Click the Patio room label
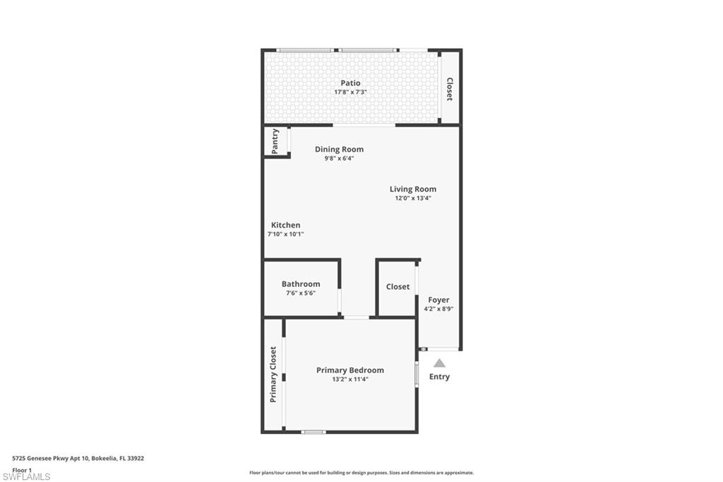pyautogui.click(x=350, y=83)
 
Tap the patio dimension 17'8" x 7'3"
pyautogui.click(x=350, y=92)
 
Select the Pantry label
pyautogui.click(x=275, y=140)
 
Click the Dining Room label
pyautogui.click(x=339, y=149)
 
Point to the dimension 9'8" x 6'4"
pyautogui.click(x=339, y=158)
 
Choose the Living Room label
pyautogui.click(x=413, y=189)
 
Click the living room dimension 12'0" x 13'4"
pyautogui.click(x=413, y=198)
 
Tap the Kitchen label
pyautogui.click(x=285, y=225)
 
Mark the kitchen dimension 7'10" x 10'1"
pyautogui.click(x=285, y=234)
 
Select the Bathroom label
pyautogui.click(x=301, y=283)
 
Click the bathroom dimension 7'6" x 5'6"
pyautogui.click(x=301, y=293)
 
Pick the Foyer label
pyautogui.click(x=438, y=300)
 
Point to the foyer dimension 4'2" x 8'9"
pyautogui.click(x=438, y=309)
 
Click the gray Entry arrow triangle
pyautogui.click(x=439, y=363)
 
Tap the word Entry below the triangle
pyautogui.click(x=439, y=377)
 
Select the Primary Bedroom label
pyautogui.click(x=350, y=370)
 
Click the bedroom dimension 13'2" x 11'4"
pyautogui.click(x=350, y=379)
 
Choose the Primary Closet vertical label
pyautogui.click(x=273, y=375)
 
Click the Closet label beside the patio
pyautogui.click(x=449, y=89)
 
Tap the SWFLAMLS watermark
pyautogui.click(x=26, y=476)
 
